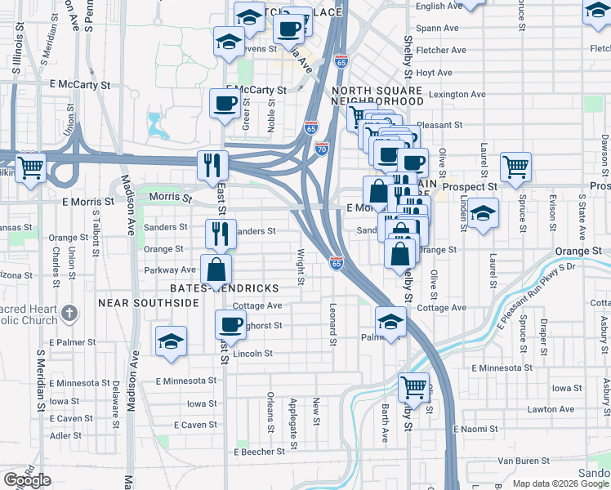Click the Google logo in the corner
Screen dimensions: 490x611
(27, 480)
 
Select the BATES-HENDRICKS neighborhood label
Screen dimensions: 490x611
(225, 288)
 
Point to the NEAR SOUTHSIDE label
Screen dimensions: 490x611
(149, 302)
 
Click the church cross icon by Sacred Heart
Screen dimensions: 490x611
(69, 312)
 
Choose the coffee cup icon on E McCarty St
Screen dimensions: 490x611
(225, 103)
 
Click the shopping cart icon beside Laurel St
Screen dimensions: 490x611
(515, 167)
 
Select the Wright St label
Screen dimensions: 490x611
(301, 267)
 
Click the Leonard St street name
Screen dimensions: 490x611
(332, 323)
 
